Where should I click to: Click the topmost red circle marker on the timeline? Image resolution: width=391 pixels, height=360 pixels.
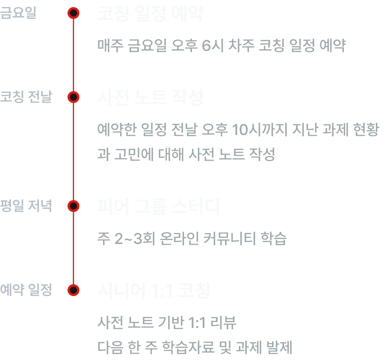point(73,13)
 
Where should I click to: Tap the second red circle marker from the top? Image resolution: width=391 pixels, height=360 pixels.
point(73,97)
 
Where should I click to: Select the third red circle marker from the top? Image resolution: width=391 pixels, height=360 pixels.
point(73,206)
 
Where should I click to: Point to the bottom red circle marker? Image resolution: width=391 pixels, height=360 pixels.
point(73,290)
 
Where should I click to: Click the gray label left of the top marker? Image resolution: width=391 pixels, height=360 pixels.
point(19,13)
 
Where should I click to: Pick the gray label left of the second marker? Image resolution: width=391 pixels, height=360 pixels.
point(26,97)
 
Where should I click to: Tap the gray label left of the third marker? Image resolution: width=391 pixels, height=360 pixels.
point(26,206)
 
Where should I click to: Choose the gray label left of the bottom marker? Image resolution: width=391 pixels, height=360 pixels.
point(26,290)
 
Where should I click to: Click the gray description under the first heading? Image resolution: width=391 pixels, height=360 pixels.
point(222,45)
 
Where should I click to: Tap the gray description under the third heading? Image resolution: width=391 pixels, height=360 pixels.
point(191,238)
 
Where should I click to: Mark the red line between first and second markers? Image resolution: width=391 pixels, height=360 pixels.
point(73,55)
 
